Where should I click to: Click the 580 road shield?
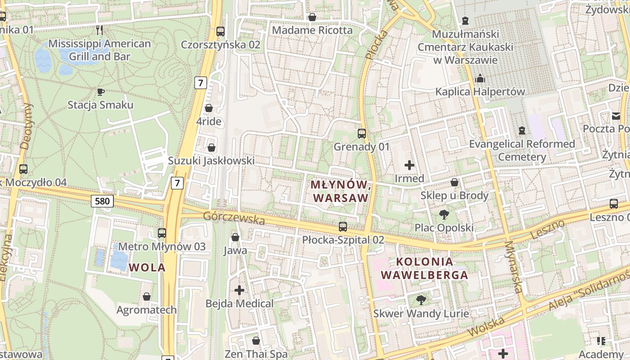point(102,201)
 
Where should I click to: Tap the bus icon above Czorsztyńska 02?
point(220,31)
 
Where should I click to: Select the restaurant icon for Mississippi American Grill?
point(99,30)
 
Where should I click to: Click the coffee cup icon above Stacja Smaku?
point(101,92)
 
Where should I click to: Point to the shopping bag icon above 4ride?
point(209,108)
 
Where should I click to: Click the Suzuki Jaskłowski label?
point(211,161)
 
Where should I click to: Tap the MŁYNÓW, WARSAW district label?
point(341,191)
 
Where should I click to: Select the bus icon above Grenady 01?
point(362,134)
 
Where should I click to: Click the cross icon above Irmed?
point(409,165)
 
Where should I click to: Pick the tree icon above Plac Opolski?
point(444,215)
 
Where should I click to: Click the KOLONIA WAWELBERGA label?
point(425,268)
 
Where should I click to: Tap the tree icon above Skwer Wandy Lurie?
point(421,300)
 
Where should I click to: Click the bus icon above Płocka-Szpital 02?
point(343,227)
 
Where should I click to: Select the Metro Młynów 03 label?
point(162,246)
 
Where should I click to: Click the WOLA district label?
point(147,267)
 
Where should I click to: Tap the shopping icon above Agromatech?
point(146,297)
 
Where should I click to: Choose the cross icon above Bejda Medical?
point(239,290)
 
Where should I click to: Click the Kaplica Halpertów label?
point(480,92)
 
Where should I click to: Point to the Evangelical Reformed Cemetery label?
point(522,150)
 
